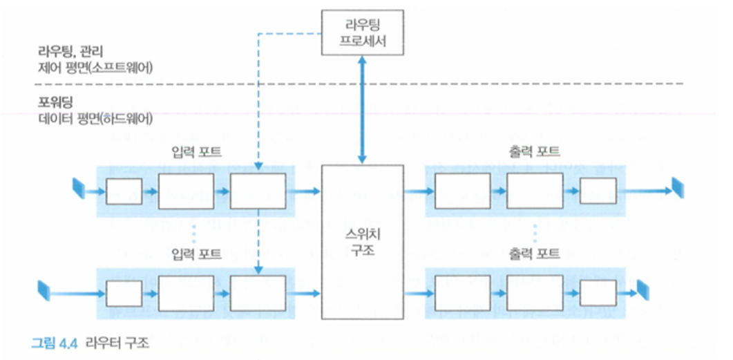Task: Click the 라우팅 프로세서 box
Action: click(x=362, y=32)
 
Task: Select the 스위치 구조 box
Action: click(x=362, y=242)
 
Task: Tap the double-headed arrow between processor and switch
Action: click(x=362, y=110)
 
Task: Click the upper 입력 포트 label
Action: click(x=196, y=152)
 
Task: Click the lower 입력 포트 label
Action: click(x=196, y=254)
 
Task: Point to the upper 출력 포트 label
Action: click(x=535, y=152)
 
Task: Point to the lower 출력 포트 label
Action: click(x=535, y=254)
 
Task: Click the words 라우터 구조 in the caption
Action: click(x=118, y=343)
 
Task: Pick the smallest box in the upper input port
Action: click(x=124, y=191)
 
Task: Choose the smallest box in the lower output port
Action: click(x=598, y=293)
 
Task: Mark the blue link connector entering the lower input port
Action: click(x=43, y=290)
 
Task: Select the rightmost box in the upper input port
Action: click(x=258, y=191)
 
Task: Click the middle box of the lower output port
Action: click(x=535, y=293)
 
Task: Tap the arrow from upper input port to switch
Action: click(x=303, y=191)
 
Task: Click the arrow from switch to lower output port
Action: click(x=419, y=294)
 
